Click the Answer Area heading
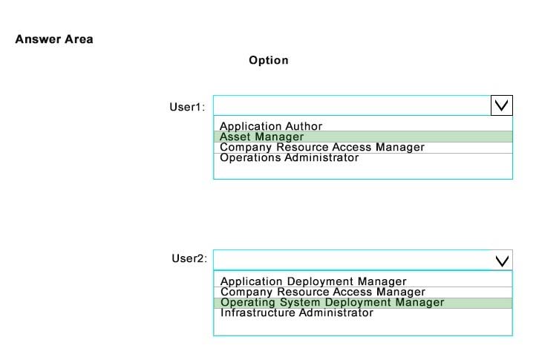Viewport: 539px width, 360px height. (x=54, y=39)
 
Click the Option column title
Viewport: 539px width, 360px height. (x=269, y=60)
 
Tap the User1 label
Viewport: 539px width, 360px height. (x=187, y=107)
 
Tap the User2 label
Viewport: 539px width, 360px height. (x=189, y=258)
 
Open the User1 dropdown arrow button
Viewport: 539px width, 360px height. (x=502, y=105)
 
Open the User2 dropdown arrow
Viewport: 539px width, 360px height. (x=502, y=261)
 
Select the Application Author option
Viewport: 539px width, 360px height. (x=271, y=126)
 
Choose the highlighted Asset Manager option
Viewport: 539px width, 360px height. (x=261, y=137)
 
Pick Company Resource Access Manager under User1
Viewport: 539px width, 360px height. (x=322, y=147)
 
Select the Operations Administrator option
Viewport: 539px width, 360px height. (x=289, y=157)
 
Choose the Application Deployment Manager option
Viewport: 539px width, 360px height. (x=313, y=281)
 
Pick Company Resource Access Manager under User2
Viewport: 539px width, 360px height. (x=323, y=292)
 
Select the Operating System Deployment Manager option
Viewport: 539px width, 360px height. (x=333, y=302)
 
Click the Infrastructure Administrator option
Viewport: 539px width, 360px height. (x=297, y=312)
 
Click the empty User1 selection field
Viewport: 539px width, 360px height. (x=352, y=105)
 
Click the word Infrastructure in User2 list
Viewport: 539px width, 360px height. (x=258, y=312)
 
